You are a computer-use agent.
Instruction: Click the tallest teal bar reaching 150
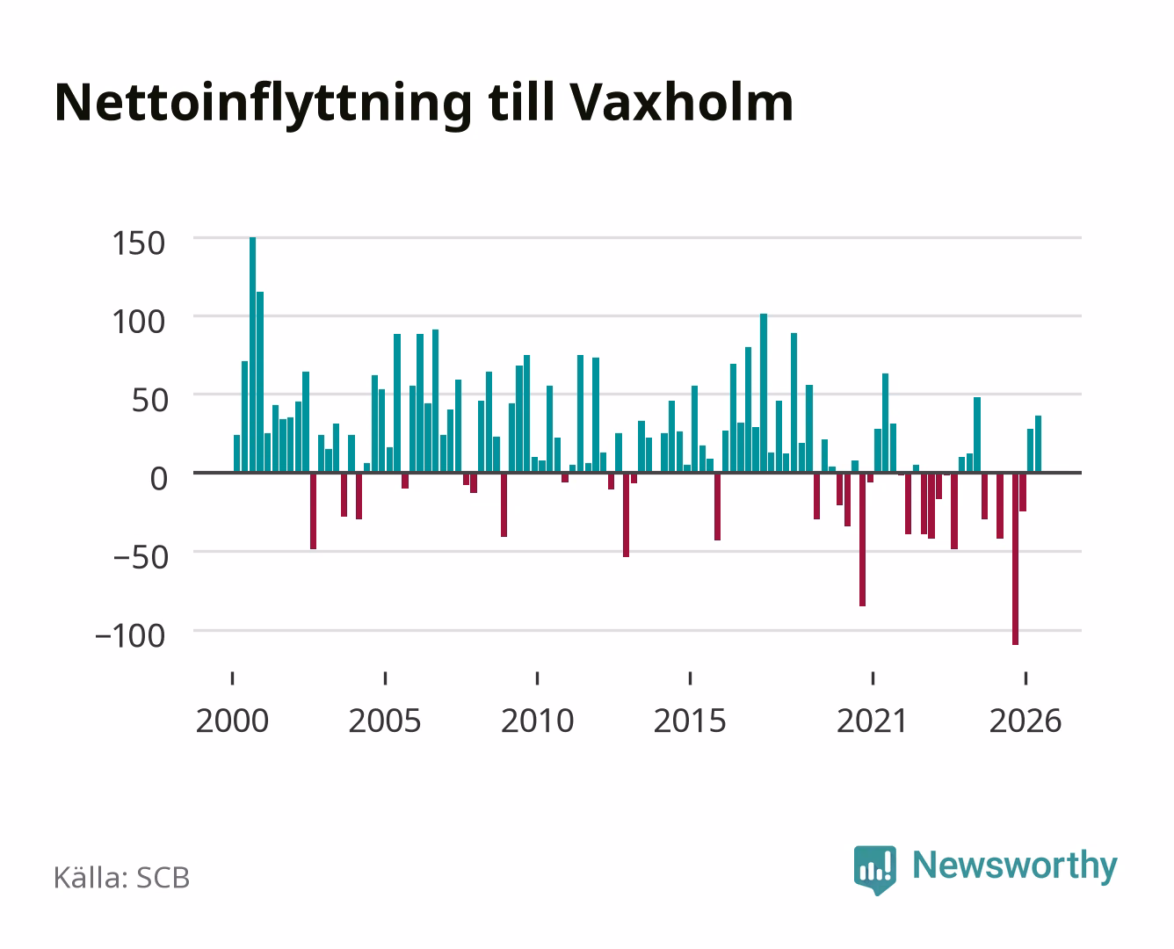point(252,354)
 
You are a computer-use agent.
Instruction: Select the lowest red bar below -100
point(1015,558)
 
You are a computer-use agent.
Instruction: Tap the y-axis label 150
point(138,243)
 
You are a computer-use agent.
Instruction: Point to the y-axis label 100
point(138,322)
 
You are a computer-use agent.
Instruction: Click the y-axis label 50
point(149,401)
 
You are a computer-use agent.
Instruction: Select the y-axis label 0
point(159,478)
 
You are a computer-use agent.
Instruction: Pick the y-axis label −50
point(141,557)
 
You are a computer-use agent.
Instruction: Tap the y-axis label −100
point(130,636)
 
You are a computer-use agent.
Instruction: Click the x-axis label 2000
point(232,721)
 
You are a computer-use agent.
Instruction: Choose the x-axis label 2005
point(385,721)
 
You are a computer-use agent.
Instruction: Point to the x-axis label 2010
point(538,721)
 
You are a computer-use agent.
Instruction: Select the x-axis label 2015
point(690,721)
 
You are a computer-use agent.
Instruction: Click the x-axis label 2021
point(872,721)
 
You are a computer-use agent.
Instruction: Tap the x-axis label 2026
point(1025,721)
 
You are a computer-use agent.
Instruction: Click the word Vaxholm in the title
point(681,103)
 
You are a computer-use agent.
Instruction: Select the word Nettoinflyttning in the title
point(264,106)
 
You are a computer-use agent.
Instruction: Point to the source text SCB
point(163,878)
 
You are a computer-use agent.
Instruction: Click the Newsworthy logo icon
point(874,870)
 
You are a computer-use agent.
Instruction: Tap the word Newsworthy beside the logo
point(1015,866)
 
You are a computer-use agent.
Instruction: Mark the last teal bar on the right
point(1038,445)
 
